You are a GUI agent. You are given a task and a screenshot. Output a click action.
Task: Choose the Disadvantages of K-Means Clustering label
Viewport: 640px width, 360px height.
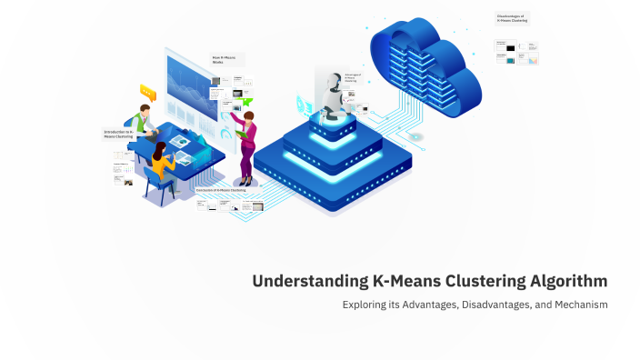tap(512, 17)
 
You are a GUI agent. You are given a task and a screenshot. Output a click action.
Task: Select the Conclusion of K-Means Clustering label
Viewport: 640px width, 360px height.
tap(221, 190)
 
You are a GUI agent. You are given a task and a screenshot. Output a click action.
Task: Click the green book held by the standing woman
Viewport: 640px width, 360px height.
tap(241, 135)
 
